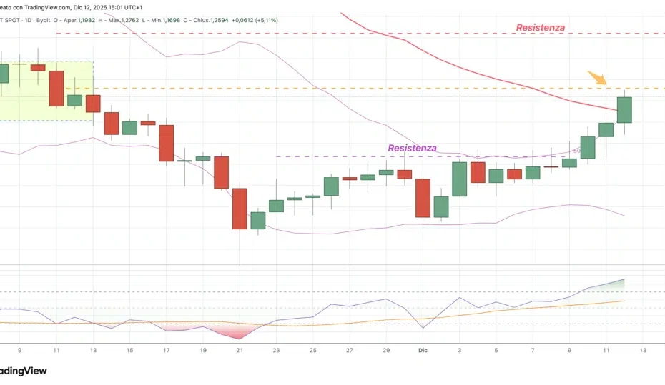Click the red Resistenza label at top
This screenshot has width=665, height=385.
coord(540,28)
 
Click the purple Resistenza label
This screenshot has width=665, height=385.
coord(412,149)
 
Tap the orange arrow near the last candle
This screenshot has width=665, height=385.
coord(597,78)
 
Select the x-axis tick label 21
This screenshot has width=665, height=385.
coord(240,350)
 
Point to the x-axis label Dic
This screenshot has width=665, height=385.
coord(422,350)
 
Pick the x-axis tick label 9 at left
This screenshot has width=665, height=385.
coord(19,350)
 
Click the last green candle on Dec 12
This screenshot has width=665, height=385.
coord(624,110)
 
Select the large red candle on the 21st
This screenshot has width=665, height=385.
coord(240,209)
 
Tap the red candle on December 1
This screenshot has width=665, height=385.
coord(423,197)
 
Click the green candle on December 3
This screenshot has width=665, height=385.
coord(459,179)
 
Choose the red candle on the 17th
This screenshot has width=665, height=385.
coord(167,143)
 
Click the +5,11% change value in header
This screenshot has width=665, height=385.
coord(261,20)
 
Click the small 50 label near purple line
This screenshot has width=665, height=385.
coord(576,151)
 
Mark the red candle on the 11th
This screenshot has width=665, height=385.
coord(56,88)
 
